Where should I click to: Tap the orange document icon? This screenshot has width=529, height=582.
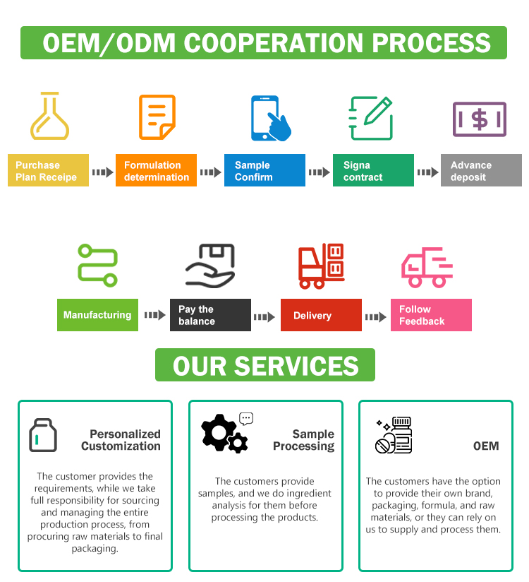[x=157, y=117]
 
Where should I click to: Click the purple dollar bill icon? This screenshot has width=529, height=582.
[x=479, y=119]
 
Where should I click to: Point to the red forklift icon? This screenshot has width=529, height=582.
[x=321, y=266]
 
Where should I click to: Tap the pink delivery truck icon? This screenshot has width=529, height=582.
[x=427, y=267]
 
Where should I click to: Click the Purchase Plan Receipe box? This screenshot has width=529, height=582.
[x=48, y=171]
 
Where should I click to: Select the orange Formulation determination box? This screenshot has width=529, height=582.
[x=156, y=171]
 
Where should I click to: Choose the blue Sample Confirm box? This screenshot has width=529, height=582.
[x=264, y=171]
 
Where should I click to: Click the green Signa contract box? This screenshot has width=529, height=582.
[x=373, y=171]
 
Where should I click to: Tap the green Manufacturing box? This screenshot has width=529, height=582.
[x=97, y=315]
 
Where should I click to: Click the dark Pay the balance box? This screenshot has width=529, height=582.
[x=210, y=315]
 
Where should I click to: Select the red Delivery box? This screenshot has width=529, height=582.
[x=321, y=315]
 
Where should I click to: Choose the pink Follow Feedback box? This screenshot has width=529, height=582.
[x=431, y=315]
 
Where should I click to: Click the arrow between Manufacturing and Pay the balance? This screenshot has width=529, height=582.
[x=154, y=315]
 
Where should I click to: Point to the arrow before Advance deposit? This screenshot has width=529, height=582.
[x=427, y=172]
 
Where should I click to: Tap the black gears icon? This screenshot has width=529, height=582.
[x=224, y=433]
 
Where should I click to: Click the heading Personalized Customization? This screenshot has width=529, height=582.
[x=121, y=440]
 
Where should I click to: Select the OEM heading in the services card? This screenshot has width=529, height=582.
[x=486, y=446]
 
